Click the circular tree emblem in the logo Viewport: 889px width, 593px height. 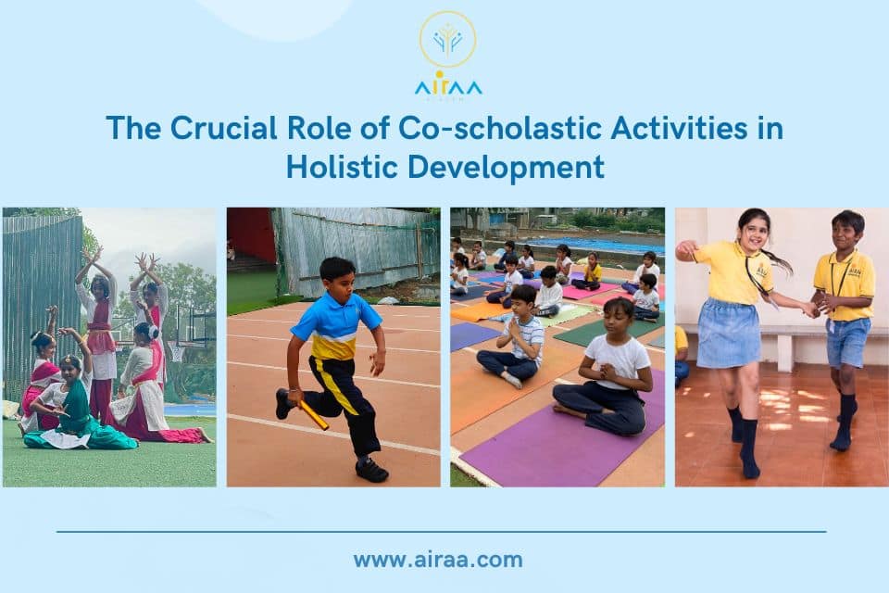click(x=447, y=39)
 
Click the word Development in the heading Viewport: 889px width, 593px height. click(x=505, y=168)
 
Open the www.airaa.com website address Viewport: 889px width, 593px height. click(x=437, y=560)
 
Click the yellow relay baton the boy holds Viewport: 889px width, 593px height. click(x=313, y=415)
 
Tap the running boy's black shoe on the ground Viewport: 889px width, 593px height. click(x=371, y=471)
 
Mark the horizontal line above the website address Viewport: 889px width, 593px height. click(x=441, y=532)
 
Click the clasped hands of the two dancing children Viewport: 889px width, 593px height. click(x=815, y=306)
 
